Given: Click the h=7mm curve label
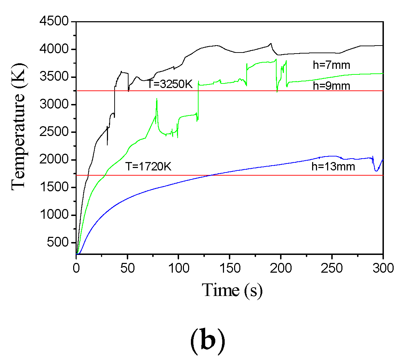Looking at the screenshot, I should click(331, 65).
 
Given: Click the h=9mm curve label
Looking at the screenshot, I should click(331, 86).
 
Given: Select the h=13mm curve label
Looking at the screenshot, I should click(333, 167).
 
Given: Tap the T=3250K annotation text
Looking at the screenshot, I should click(169, 84).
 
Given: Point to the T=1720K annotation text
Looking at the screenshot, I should click(148, 167).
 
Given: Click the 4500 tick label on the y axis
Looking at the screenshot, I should click(53, 22).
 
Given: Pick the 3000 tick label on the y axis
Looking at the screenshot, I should click(53, 105).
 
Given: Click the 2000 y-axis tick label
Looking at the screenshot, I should click(53, 160).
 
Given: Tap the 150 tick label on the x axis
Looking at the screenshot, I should click(229, 268).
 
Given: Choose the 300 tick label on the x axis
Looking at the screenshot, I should click(383, 268).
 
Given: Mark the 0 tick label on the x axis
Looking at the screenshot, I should click(76, 268).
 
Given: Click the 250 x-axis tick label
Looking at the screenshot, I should click(332, 268).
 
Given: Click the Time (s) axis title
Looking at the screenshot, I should click(232, 290).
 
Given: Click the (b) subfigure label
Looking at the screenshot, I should click(208, 342).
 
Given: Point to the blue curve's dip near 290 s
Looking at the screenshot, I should click(376, 171).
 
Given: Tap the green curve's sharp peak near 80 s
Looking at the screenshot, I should click(157, 99).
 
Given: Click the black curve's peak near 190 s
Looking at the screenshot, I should click(271, 43).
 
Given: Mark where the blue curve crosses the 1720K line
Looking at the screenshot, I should click(212, 175).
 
